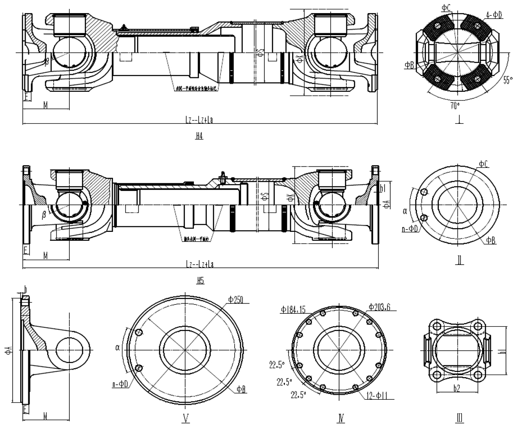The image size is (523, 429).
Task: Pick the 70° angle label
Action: (455, 106)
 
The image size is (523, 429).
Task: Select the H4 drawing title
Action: (199, 135)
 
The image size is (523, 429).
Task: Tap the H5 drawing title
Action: (199, 280)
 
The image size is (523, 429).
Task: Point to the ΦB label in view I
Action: (409, 65)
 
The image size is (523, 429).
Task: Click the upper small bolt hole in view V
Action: (139, 332)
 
